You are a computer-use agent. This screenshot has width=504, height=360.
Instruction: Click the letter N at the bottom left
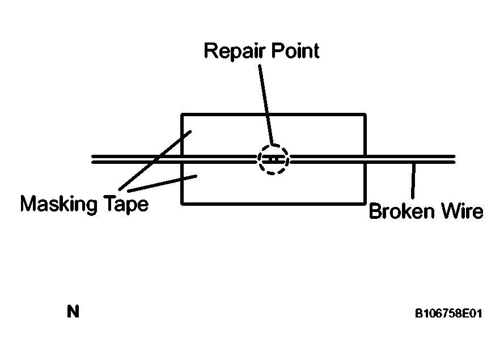click(73, 312)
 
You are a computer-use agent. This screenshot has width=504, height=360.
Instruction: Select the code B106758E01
click(448, 313)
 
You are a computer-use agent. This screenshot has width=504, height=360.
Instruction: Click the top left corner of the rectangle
click(182, 115)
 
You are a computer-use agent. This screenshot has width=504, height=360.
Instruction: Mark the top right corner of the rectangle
click(365, 115)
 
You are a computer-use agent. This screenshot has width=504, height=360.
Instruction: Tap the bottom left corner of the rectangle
click(182, 202)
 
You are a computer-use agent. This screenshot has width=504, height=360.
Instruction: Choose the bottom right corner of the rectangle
click(365, 202)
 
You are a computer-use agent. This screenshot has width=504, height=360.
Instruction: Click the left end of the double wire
click(93, 159)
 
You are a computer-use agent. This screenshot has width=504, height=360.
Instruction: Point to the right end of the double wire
click(454, 159)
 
